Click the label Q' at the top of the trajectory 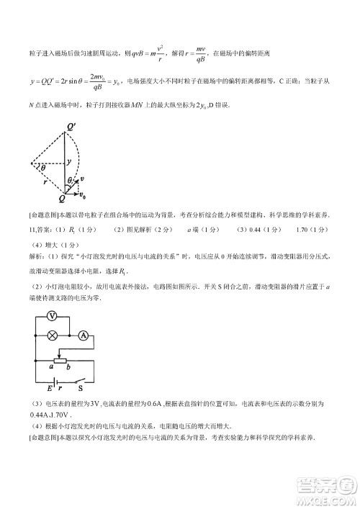click(72, 129)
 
